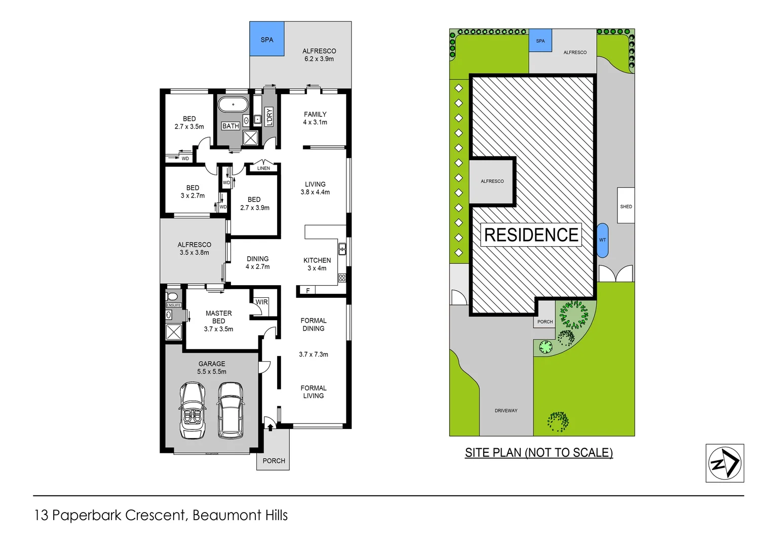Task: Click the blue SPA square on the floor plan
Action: pos(266,39)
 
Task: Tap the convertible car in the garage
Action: pos(192,410)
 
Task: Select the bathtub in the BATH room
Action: pos(233,105)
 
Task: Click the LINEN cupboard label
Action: pos(263,168)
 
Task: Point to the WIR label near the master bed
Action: pos(261,302)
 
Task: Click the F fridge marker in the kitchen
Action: pos(307,291)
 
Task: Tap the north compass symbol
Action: pos(724,463)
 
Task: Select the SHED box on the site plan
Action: pos(626,206)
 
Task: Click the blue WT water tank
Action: pos(602,240)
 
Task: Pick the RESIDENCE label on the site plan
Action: pos(531,235)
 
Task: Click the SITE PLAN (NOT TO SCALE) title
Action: pos(538,453)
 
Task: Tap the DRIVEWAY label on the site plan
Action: pos(506,411)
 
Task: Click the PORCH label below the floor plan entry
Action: pos(274,461)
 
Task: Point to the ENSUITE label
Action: pos(174,305)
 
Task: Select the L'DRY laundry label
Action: pos(269,116)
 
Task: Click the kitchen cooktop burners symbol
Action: pos(342,278)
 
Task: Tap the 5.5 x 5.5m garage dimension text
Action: pos(212,372)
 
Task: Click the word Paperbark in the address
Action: pos(87,516)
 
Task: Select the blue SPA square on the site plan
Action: pos(540,41)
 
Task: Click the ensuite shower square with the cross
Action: pos(174,332)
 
